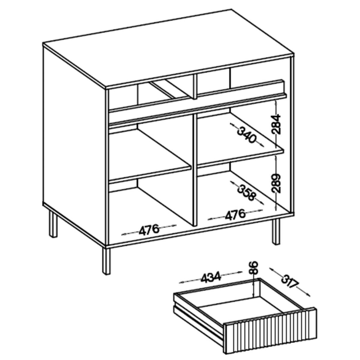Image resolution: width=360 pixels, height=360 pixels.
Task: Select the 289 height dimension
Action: pos(276,183)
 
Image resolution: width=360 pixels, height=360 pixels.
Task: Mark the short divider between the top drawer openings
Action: pos(195,86)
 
